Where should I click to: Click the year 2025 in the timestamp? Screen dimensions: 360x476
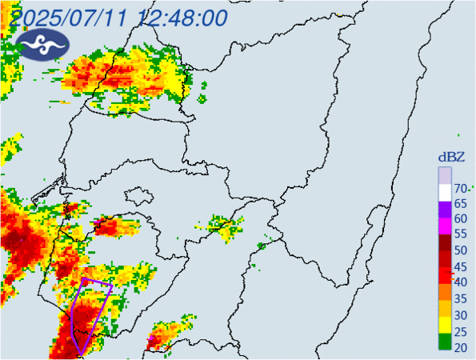(x=40, y=17)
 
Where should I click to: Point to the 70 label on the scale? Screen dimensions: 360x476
(x=460, y=189)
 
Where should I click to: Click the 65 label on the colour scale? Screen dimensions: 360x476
(x=460, y=204)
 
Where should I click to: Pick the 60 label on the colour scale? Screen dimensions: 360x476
(x=460, y=219)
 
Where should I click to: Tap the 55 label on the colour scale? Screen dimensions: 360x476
(x=460, y=235)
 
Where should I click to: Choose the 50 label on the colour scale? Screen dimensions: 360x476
(x=460, y=250)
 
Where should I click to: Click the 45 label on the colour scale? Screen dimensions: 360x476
(x=460, y=266)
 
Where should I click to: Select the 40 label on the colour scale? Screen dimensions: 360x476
(x=460, y=282)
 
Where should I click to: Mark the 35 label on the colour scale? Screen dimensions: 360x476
(x=460, y=298)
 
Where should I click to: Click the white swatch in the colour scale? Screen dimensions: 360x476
(x=444, y=192)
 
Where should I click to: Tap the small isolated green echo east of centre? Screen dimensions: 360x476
(x=262, y=246)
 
